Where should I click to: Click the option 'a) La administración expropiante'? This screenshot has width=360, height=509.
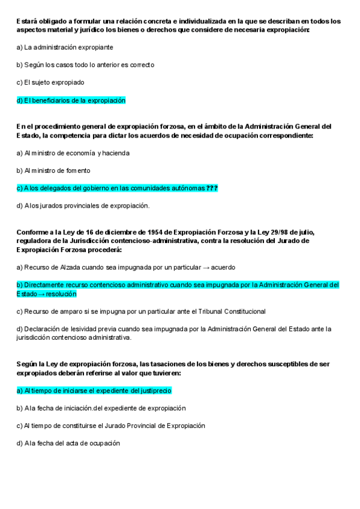click(x=65, y=47)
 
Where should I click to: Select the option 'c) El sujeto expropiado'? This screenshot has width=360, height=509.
click(x=50, y=82)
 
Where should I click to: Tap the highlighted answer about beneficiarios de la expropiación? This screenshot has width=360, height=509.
click(x=71, y=100)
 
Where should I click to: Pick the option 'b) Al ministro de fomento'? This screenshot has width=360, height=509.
click(x=53, y=170)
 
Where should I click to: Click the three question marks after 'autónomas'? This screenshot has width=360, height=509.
click(x=212, y=188)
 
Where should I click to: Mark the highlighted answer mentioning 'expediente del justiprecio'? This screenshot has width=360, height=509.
click(x=94, y=391)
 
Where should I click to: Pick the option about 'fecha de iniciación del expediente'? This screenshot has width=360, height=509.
click(x=101, y=408)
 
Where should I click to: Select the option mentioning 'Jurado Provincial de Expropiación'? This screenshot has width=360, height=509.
click(x=110, y=426)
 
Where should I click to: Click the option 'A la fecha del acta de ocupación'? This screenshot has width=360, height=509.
click(x=68, y=443)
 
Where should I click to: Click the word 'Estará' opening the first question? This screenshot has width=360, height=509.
click(x=28, y=21)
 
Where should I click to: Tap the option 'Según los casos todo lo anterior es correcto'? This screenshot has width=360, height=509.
click(x=85, y=65)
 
